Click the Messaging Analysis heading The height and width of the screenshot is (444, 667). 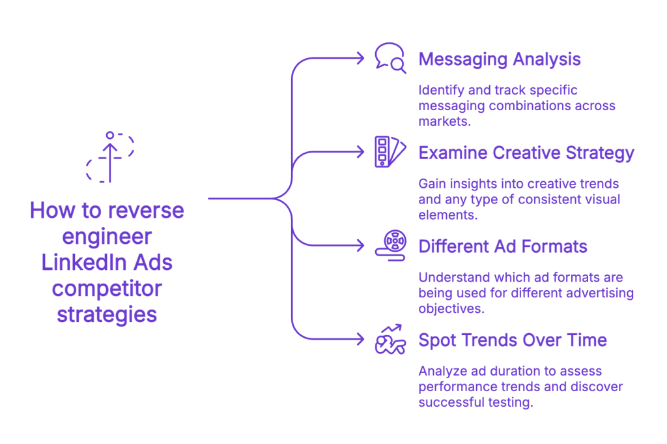(500, 59)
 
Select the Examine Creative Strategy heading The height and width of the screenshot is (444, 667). (526, 153)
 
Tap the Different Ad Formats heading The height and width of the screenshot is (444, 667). (503, 246)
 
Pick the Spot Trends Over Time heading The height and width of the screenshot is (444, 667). (513, 340)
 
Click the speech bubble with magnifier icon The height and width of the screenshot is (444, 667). (390, 58)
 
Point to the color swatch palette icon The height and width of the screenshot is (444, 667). (390, 152)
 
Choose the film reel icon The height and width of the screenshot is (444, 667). (390, 245)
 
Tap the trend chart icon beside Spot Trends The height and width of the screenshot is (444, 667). (390, 339)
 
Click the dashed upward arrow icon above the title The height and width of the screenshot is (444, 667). (110, 157)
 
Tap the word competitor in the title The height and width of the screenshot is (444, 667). (107, 288)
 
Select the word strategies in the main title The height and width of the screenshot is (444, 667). (107, 314)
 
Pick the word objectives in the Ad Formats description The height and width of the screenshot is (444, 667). (451, 308)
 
